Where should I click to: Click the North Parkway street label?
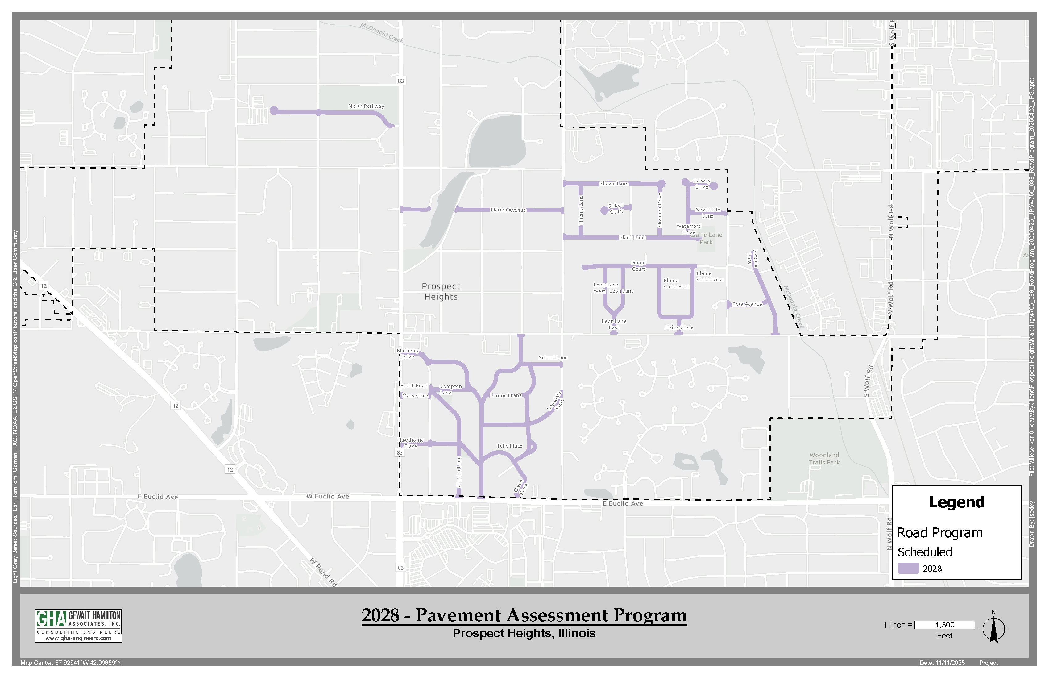click(366, 106)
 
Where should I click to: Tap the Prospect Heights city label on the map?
click(441, 291)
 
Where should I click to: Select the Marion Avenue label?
click(508, 210)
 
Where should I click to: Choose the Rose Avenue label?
click(747, 305)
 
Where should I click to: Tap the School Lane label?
click(553, 358)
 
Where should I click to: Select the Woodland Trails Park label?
click(824, 459)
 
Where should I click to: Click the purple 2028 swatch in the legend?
click(908, 568)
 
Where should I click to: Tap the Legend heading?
click(956, 502)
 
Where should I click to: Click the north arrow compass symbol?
click(994, 628)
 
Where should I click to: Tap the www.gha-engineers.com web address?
click(78, 639)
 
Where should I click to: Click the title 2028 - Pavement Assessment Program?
click(524, 615)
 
